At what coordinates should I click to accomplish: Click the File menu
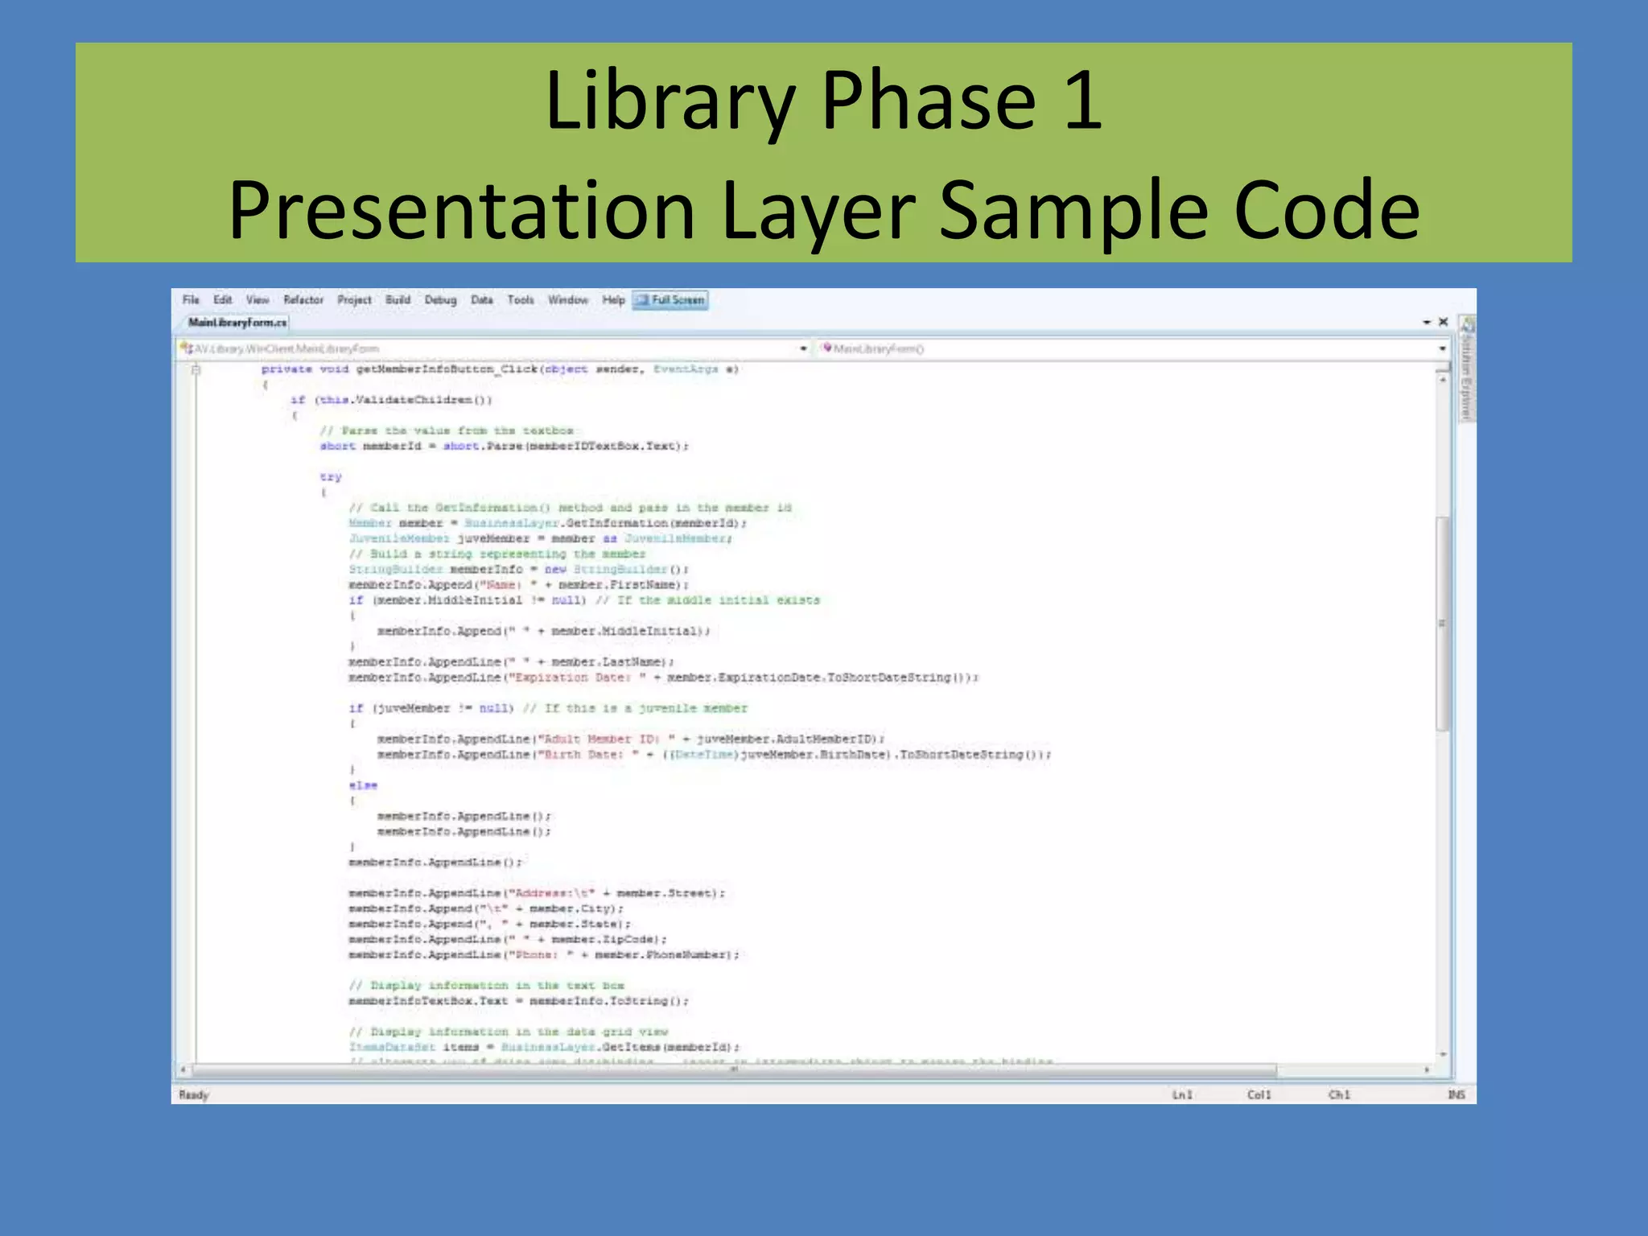[x=191, y=300]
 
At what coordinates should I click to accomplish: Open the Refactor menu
[x=303, y=300]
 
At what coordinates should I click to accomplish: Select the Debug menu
[x=440, y=300]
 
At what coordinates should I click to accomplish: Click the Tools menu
[x=521, y=300]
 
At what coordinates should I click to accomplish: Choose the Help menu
[x=613, y=300]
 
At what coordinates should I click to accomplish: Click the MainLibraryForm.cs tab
[x=237, y=323]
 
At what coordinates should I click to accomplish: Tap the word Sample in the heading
[x=1073, y=211]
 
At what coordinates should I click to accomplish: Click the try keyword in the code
[x=331, y=477]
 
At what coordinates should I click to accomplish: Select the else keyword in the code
[x=363, y=785]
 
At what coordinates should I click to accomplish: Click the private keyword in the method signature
[x=286, y=369]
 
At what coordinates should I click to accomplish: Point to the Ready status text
[x=194, y=1094]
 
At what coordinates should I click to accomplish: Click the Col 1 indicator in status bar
[x=1259, y=1094]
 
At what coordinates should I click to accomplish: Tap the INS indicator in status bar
[x=1456, y=1094]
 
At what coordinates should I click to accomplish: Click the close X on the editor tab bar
[x=1444, y=322]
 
